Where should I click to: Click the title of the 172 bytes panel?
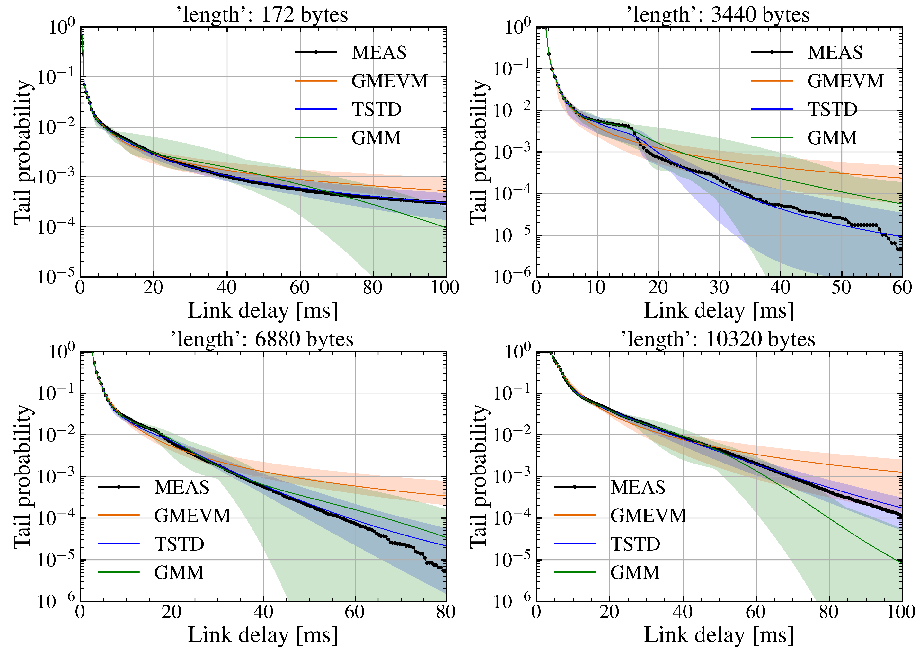(262, 15)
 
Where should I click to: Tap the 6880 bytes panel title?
(262, 339)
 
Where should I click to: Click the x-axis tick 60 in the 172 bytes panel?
(300, 287)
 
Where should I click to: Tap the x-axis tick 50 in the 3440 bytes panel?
(841, 287)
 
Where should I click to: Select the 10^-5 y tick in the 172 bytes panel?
(57, 277)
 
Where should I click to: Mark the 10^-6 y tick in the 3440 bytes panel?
(512, 277)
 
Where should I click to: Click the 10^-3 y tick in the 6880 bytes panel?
(57, 477)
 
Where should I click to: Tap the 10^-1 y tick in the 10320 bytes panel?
(512, 393)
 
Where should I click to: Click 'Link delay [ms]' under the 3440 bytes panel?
(719, 311)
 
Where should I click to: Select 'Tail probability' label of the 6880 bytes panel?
(22, 477)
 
